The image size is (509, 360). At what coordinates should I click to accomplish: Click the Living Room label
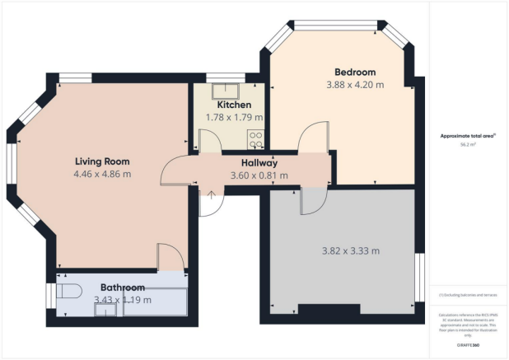(102, 161)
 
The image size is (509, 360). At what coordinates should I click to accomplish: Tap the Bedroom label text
(355, 72)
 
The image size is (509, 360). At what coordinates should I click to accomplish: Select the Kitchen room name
(234, 105)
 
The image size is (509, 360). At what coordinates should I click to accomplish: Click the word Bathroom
(123, 288)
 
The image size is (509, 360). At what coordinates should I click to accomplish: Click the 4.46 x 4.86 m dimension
(102, 174)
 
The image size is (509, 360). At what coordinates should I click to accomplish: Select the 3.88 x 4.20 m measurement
(355, 85)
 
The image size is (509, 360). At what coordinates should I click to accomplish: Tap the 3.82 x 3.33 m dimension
(349, 250)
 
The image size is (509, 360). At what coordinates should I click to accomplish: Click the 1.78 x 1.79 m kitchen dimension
(234, 118)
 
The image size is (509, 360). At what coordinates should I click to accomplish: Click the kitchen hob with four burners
(256, 138)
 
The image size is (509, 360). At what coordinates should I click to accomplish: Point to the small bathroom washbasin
(105, 309)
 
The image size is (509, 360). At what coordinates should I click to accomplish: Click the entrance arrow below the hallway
(212, 196)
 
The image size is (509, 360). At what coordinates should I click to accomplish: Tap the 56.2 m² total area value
(470, 144)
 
